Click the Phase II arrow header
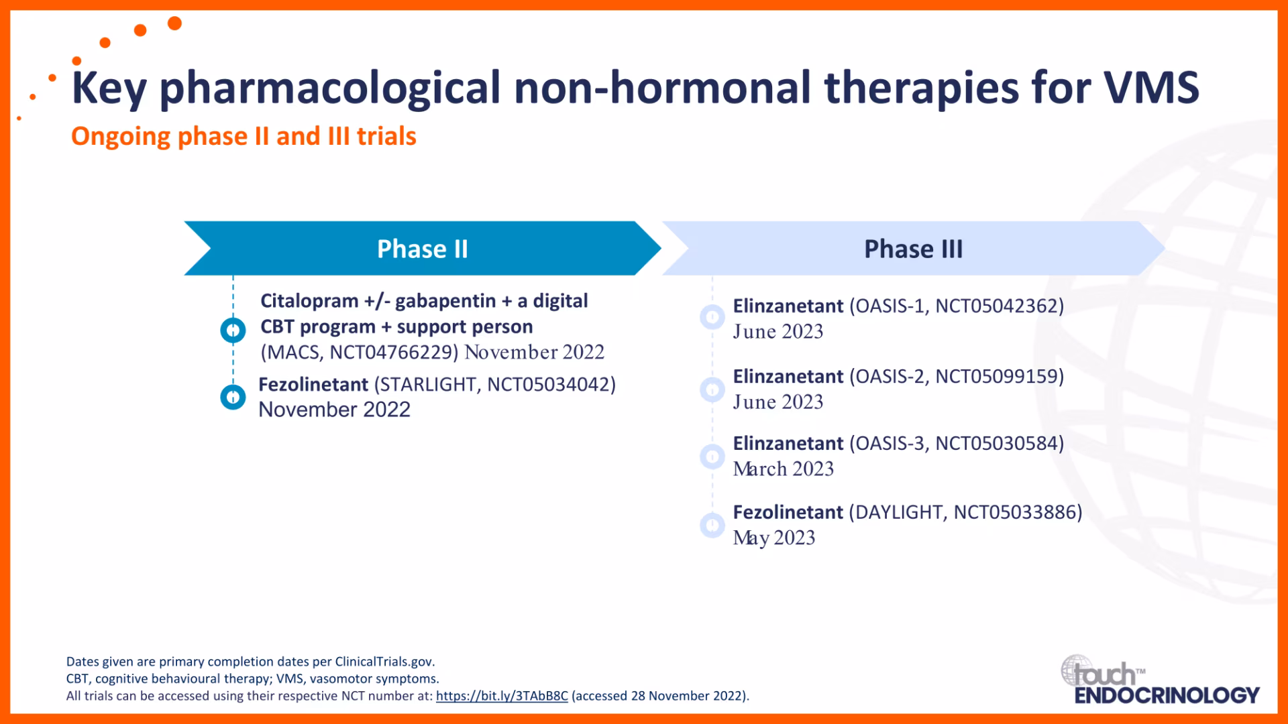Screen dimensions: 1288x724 (423, 249)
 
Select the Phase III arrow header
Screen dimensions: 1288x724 (914, 249)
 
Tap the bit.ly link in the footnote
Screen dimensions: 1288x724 (502, 696)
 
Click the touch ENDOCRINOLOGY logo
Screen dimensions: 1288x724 (1160, 680)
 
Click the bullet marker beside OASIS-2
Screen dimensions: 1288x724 (712, 389)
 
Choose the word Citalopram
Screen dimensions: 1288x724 (309, 301)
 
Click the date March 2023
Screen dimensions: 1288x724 (784, 469)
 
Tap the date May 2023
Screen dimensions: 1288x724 (774, 538)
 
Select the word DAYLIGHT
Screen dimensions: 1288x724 (898, 512)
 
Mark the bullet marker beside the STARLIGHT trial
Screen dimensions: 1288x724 (233, 397)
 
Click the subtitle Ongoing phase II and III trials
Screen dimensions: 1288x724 (244, 136)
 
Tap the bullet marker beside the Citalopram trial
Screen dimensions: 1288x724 (233, 330)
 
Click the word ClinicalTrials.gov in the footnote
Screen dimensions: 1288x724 (384, 662)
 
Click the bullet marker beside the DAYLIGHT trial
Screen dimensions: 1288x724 (712, 525)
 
